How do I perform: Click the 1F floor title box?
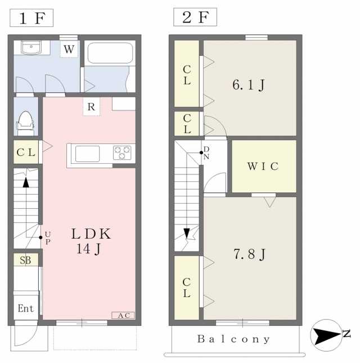coord(31,18)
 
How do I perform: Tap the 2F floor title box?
coord(195,17)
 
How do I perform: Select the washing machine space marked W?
coord(69,49)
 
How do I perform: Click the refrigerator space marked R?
coord(91,107)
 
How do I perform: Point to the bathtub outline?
coord(110,53)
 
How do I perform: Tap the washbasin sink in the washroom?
coord(31,47)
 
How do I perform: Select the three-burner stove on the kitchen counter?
coord(122,153)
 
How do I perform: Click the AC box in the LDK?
coord(123,315)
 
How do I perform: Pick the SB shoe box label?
coord(25,260)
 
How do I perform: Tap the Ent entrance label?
coord(26,308)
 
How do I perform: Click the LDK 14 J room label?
coord(91,241)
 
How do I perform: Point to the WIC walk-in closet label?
coord(263,166)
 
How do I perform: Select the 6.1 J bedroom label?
coord(249,85)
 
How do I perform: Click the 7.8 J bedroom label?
coord(250,254)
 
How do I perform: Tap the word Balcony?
coord(233,339)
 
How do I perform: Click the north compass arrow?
coord(327,335)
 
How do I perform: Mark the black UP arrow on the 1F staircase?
coord(26,182)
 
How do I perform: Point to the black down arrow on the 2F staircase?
coord(187,233)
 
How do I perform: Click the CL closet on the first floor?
coord(26,152)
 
